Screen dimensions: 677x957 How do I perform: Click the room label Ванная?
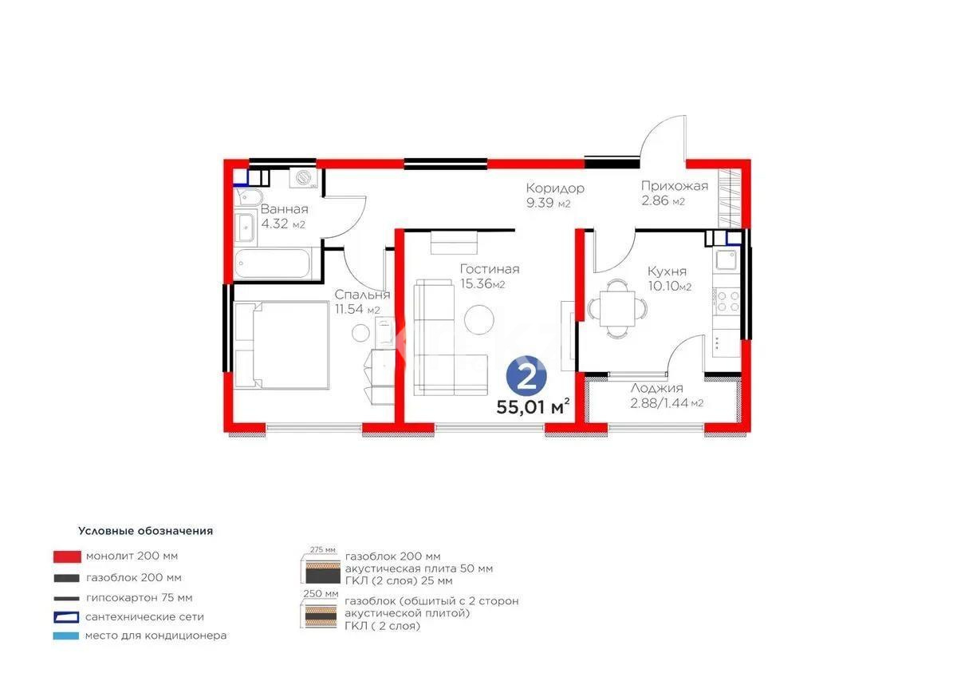pos(284,210)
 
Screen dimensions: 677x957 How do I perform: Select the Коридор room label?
pos(554,188)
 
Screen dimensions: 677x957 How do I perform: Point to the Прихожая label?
pos(675,187)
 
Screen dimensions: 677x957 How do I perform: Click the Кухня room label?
pos(667,271)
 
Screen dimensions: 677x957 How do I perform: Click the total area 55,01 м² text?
pos(533,407)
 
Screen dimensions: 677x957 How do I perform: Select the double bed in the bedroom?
pos(281,345)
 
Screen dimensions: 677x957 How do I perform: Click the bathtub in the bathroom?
pos(272,263)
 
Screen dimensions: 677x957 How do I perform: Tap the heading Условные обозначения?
pos(145,530)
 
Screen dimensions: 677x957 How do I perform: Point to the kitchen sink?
pos(727,259)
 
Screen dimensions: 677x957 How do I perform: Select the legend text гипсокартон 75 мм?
pos(140,597)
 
